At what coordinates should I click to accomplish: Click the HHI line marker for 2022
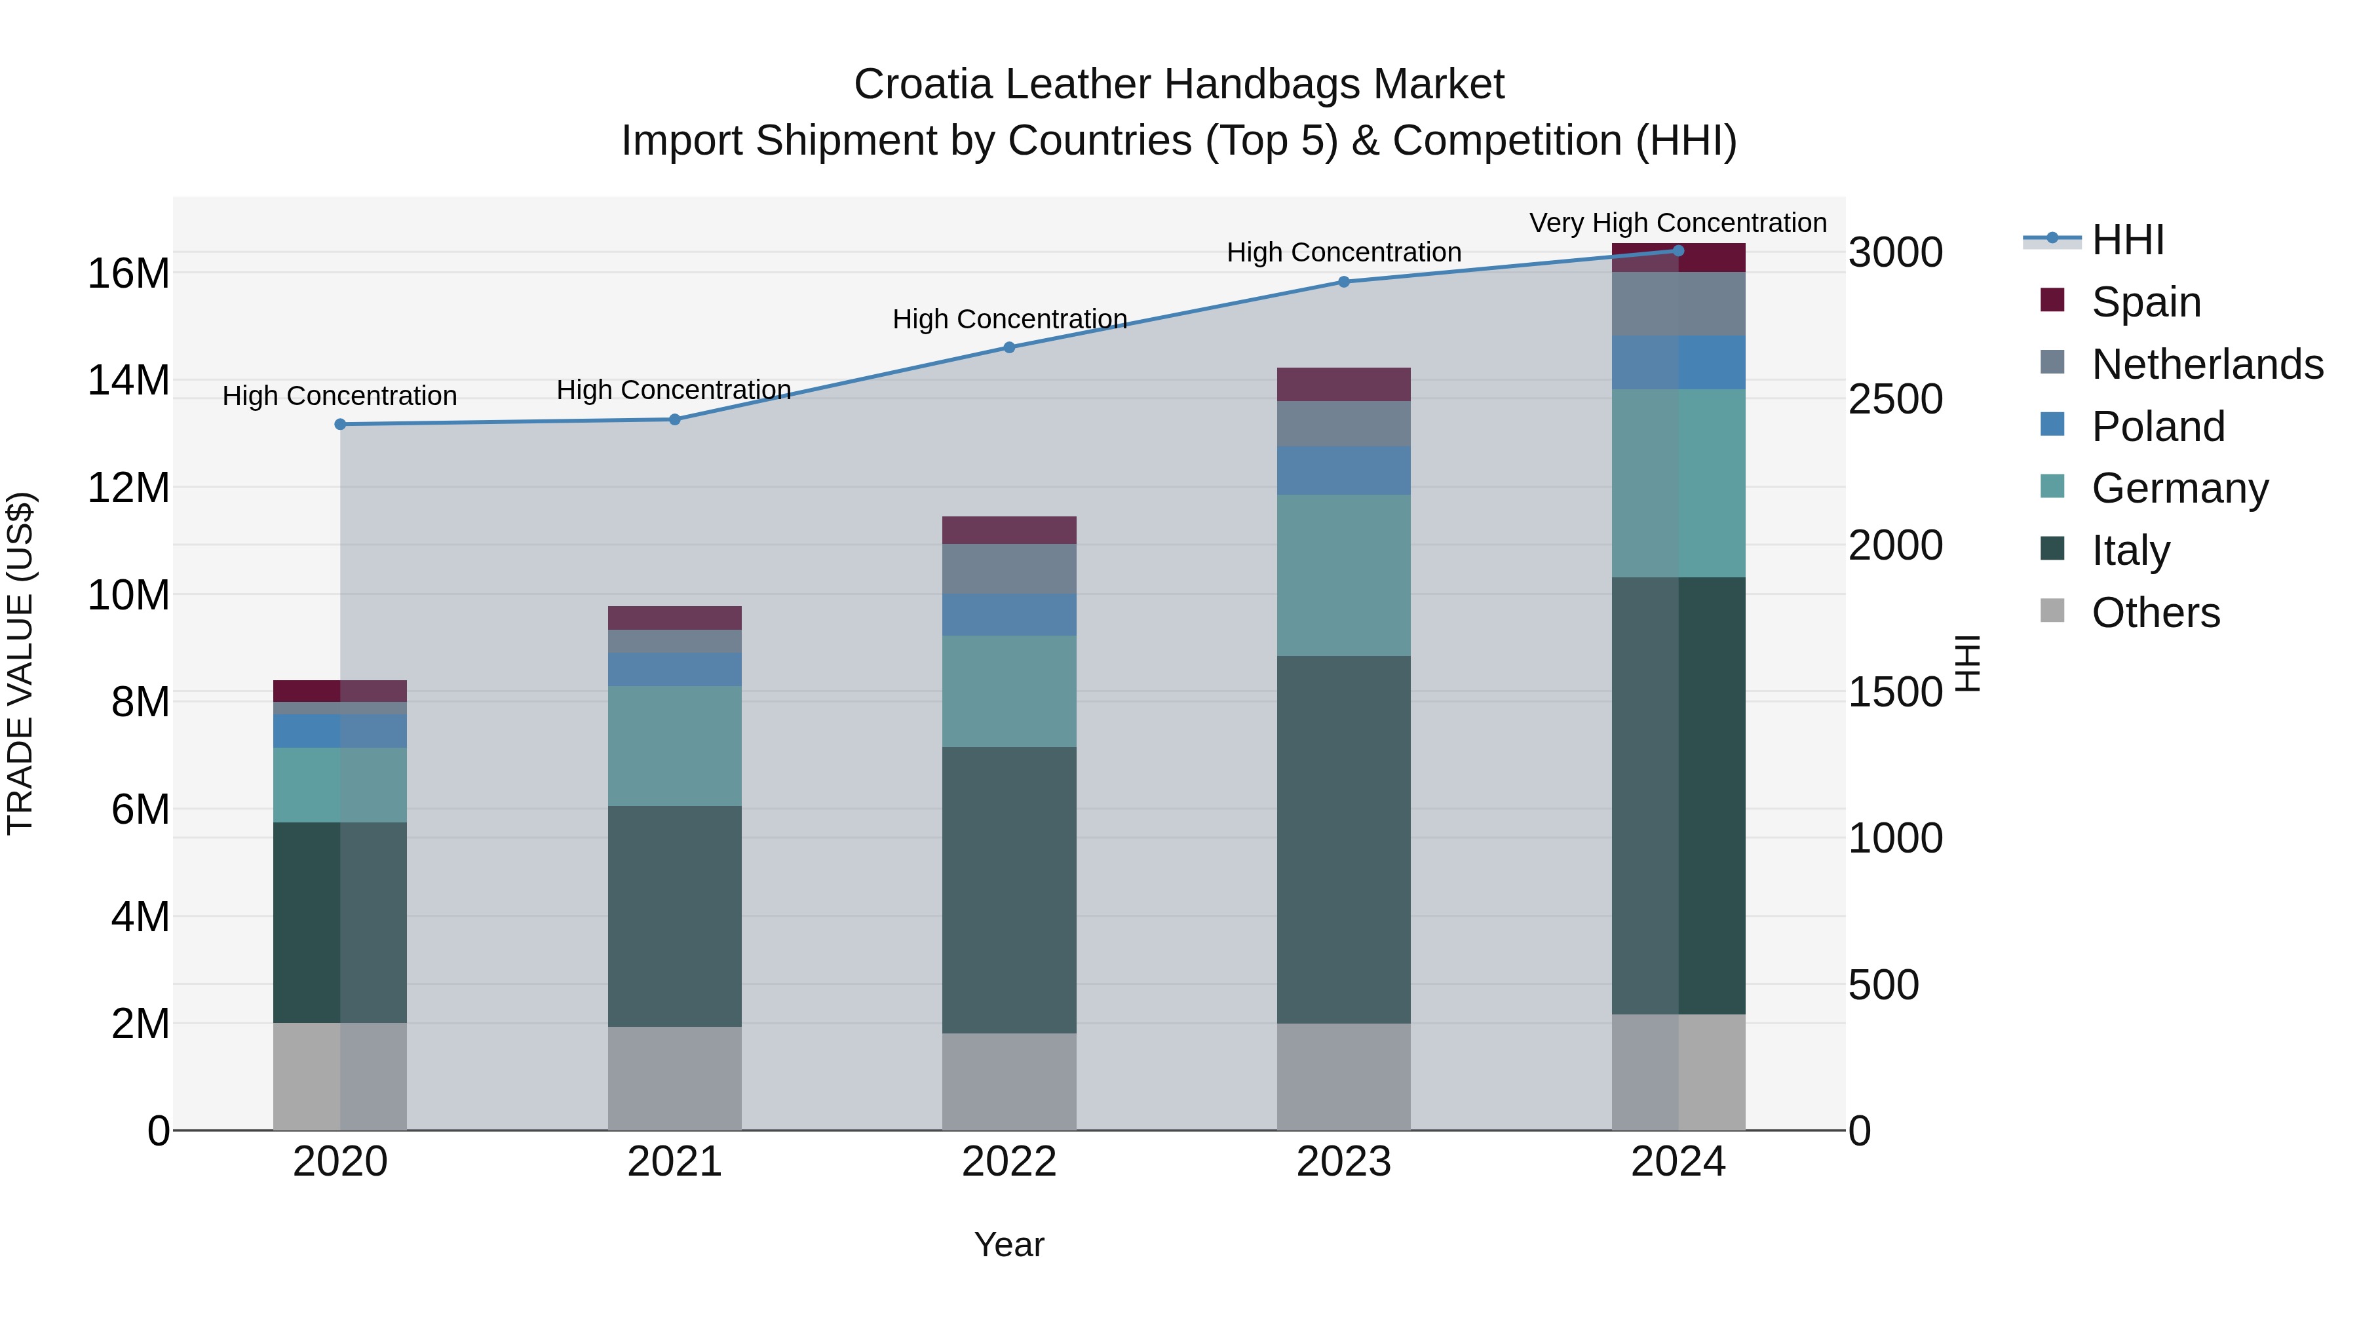click(1009, 347)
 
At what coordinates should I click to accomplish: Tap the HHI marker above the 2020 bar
click(339, 424)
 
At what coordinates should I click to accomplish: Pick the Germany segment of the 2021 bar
click(674, 746)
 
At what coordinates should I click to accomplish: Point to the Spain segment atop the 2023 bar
click(1343, 384)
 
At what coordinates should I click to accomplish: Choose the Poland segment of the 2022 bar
click(1009, 615)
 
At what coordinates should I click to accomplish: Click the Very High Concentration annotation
click(1678, 223)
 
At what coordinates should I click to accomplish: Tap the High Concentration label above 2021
click(674, 390)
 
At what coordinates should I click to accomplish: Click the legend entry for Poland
click(2158, 427)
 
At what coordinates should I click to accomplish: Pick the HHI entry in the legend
click(2127, 240)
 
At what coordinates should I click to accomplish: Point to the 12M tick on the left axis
click(128, 487)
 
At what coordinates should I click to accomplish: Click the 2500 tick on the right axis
click(1894, 399)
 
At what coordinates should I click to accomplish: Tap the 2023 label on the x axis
click(1343, 1162)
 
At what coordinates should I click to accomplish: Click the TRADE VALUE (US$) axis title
click(20, 663)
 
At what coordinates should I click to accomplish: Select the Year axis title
click(1009, 1244)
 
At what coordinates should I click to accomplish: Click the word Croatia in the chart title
click(923, 85)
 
